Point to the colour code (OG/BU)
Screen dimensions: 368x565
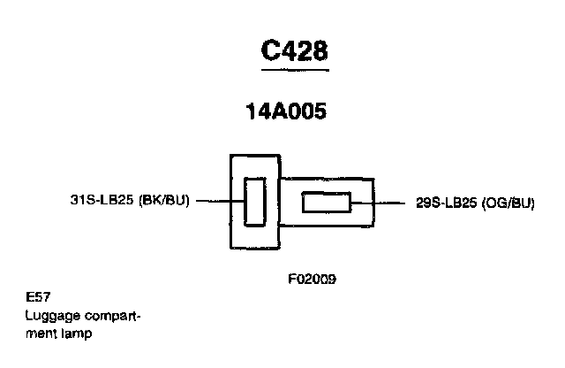coord(509,203)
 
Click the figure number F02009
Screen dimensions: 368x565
coord(312,279)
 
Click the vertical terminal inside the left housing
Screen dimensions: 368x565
coord(253,201)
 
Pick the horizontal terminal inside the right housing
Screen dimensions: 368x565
coord(326,203)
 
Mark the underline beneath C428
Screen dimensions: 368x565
coord(295,68)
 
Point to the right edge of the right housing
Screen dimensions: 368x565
coord(373,203)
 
